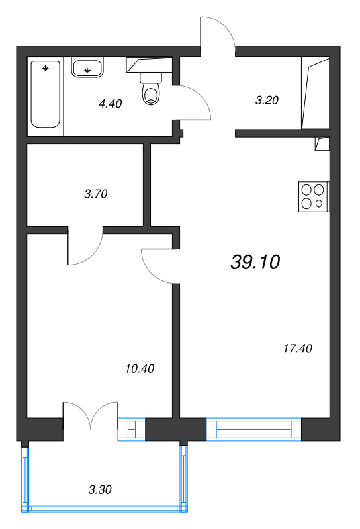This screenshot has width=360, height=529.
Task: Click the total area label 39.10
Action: [255, 262]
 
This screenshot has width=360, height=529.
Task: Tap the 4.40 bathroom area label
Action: [110, 104]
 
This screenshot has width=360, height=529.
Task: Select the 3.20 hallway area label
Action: [267, 101]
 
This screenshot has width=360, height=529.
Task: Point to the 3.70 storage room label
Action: [95, 194]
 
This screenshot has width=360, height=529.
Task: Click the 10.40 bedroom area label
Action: [140, 368]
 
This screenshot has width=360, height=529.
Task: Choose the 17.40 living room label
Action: [298, 348]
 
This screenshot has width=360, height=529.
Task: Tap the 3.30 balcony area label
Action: [100, 489]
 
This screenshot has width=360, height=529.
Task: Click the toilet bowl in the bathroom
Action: [151, 89]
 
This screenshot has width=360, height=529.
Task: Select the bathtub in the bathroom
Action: [46, 94]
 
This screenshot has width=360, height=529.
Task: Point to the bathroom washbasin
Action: [87, 67]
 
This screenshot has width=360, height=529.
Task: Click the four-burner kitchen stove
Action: [314, 196]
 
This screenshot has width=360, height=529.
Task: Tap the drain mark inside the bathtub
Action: [45, 69]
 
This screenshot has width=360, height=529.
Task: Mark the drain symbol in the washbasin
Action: [87, 70]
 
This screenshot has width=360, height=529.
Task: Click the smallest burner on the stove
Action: [319, 204]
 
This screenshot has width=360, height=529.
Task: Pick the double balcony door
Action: [91, 416]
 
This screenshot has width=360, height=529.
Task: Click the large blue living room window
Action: [253, 428]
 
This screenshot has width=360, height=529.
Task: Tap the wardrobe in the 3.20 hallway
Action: [316, 93]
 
